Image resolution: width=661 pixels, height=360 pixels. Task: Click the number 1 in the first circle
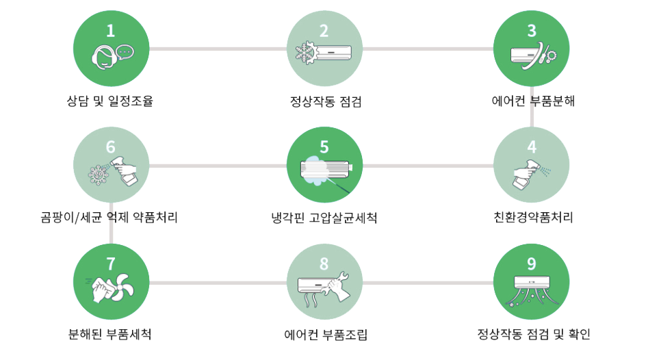pos(111,30)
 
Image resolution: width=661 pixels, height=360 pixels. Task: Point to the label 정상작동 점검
pos(325,103)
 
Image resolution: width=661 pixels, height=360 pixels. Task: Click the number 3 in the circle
pos(532,30)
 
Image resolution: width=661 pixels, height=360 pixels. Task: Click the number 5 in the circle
pos(324,146)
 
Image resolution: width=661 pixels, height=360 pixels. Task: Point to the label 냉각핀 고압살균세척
pos(324,218)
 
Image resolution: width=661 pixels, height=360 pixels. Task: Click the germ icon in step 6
pos(101,173)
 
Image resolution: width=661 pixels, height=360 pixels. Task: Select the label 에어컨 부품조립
pos(325,335)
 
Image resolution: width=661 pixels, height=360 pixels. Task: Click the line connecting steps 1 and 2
pos(218,49)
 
